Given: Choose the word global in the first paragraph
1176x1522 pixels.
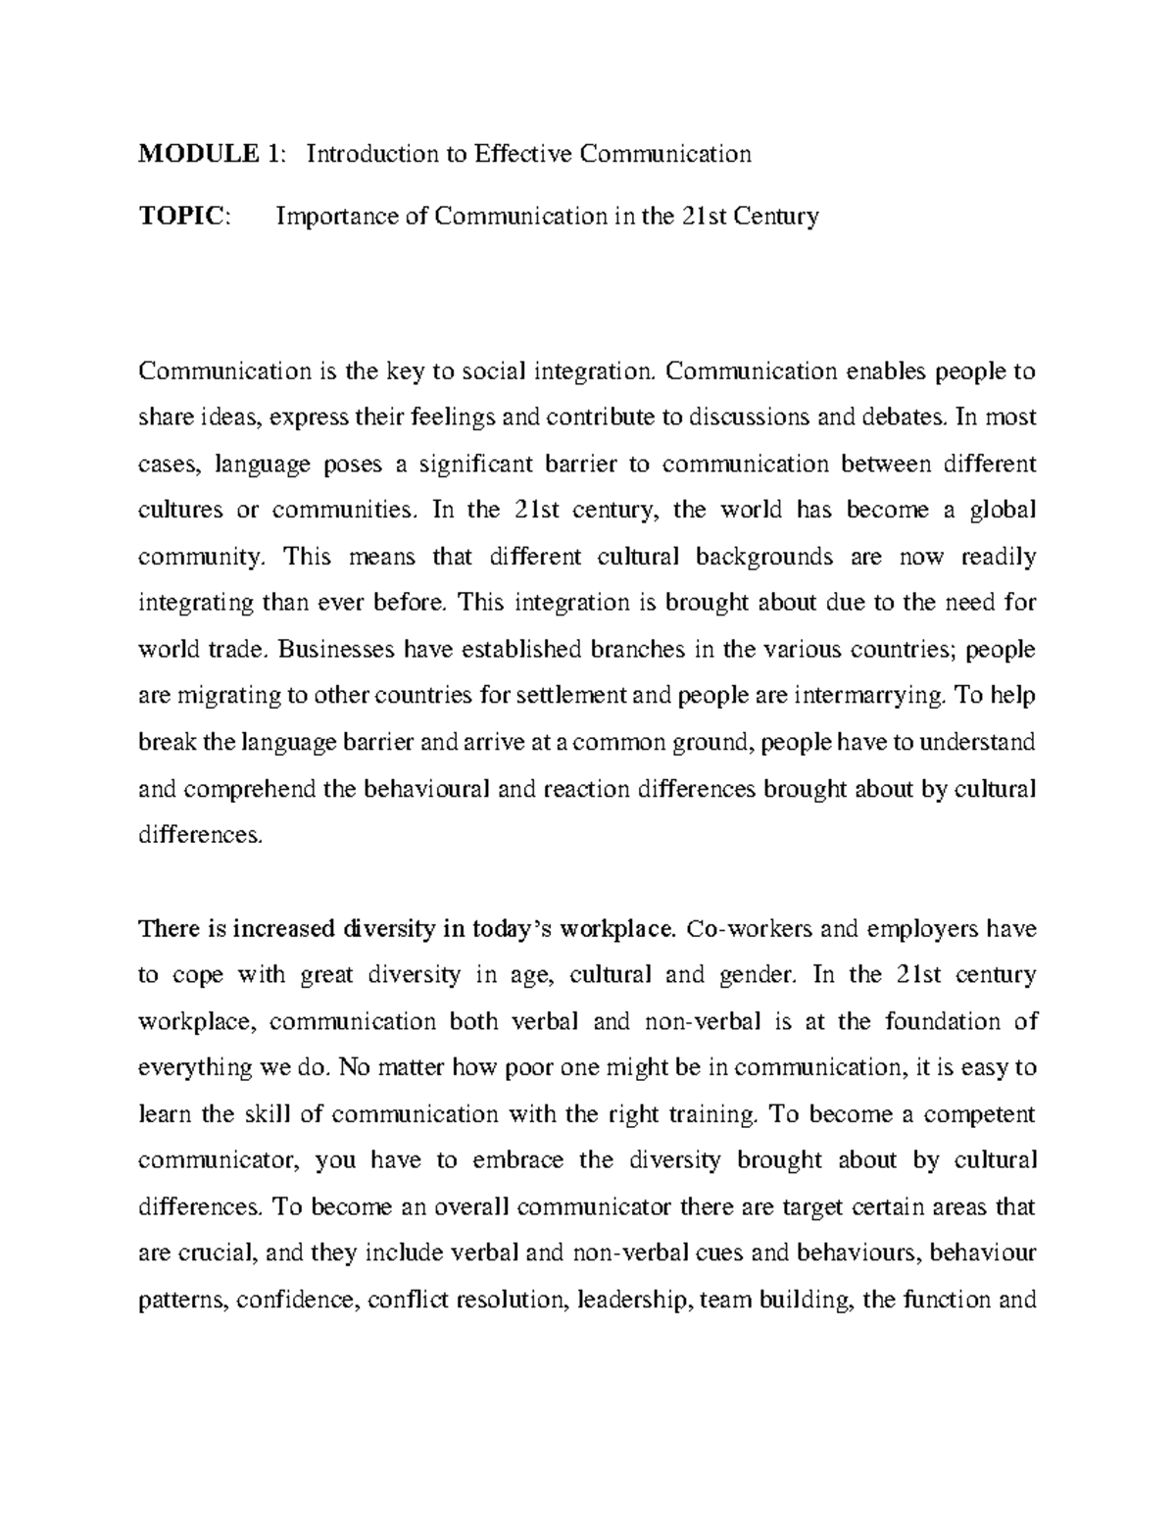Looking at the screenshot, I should click(1002, 511).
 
